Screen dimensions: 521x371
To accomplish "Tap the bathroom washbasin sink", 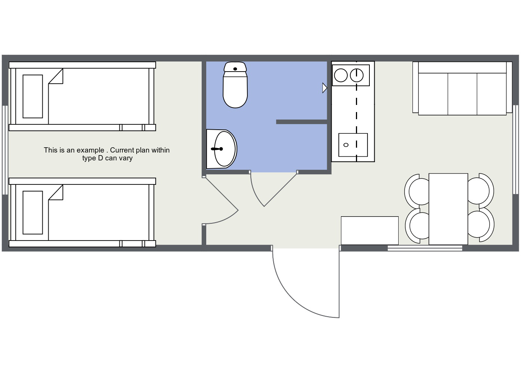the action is click(x=222, y=149).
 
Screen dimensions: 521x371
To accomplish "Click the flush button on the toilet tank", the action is click(x=235, y=69).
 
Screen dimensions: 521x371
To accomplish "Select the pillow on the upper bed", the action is click(x=33, y=96).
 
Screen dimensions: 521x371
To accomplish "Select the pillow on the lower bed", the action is click(x=33, y=212).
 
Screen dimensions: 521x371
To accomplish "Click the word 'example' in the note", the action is click(x=91, y=150).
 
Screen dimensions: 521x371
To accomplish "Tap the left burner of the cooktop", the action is click(x=341, y=75).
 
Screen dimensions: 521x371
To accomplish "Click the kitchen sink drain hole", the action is click(x=346, y=145).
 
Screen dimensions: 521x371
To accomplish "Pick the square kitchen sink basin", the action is click(x=353, y=145).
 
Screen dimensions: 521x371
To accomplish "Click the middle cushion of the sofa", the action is click(x=462, y=94).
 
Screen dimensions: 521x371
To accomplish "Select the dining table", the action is click(x=448, y=209).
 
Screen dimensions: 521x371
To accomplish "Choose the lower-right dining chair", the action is click(x=481, y=224).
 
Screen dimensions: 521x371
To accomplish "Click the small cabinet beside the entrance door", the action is click(x=370, y=230).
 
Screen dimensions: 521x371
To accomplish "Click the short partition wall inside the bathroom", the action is click(x=302, y=122).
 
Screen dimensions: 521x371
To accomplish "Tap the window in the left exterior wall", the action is click(x=5, y=150).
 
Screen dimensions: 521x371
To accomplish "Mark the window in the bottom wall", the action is click(x=425, y=248).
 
